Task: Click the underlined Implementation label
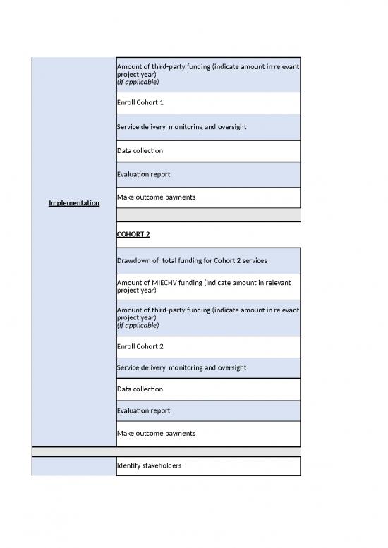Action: click(x=74, y=204)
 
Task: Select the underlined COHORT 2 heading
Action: click(x=133, y=234)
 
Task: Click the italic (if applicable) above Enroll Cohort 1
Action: click(x=138, y=83)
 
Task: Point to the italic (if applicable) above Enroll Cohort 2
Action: click(x=138, y=326)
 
